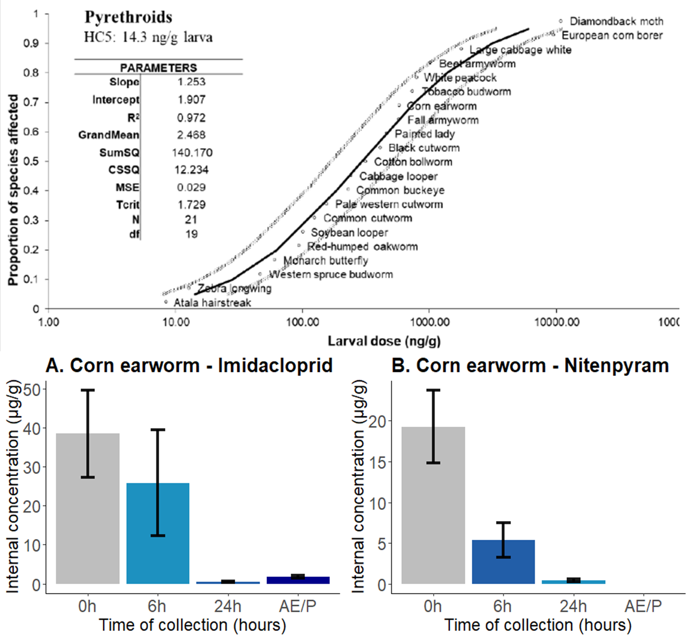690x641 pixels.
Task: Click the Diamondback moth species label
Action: [616, 21]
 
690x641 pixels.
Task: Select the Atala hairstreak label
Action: [212, 302]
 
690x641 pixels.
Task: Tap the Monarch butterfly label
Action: [325, 261]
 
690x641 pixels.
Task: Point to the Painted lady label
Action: [425, 134]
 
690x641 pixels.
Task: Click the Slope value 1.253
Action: [191, 82]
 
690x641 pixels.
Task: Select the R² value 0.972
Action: [191, 117]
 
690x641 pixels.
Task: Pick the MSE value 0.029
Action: [191, 187]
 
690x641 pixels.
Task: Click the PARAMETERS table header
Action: [158, 68]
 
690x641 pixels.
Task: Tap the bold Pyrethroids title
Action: [128, 17]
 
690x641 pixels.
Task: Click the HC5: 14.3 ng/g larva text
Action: [148, 37]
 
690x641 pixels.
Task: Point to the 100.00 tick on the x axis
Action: [302, 322]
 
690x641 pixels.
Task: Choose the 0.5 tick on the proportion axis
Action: [31, 161]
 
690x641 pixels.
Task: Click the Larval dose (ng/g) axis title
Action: [384, 341]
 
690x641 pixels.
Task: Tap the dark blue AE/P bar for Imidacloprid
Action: [298, 580]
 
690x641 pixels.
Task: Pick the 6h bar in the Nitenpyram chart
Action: [503, 562]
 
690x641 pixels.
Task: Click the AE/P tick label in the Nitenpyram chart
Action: [643, 606]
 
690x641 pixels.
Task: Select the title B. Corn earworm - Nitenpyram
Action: [530, 365]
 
